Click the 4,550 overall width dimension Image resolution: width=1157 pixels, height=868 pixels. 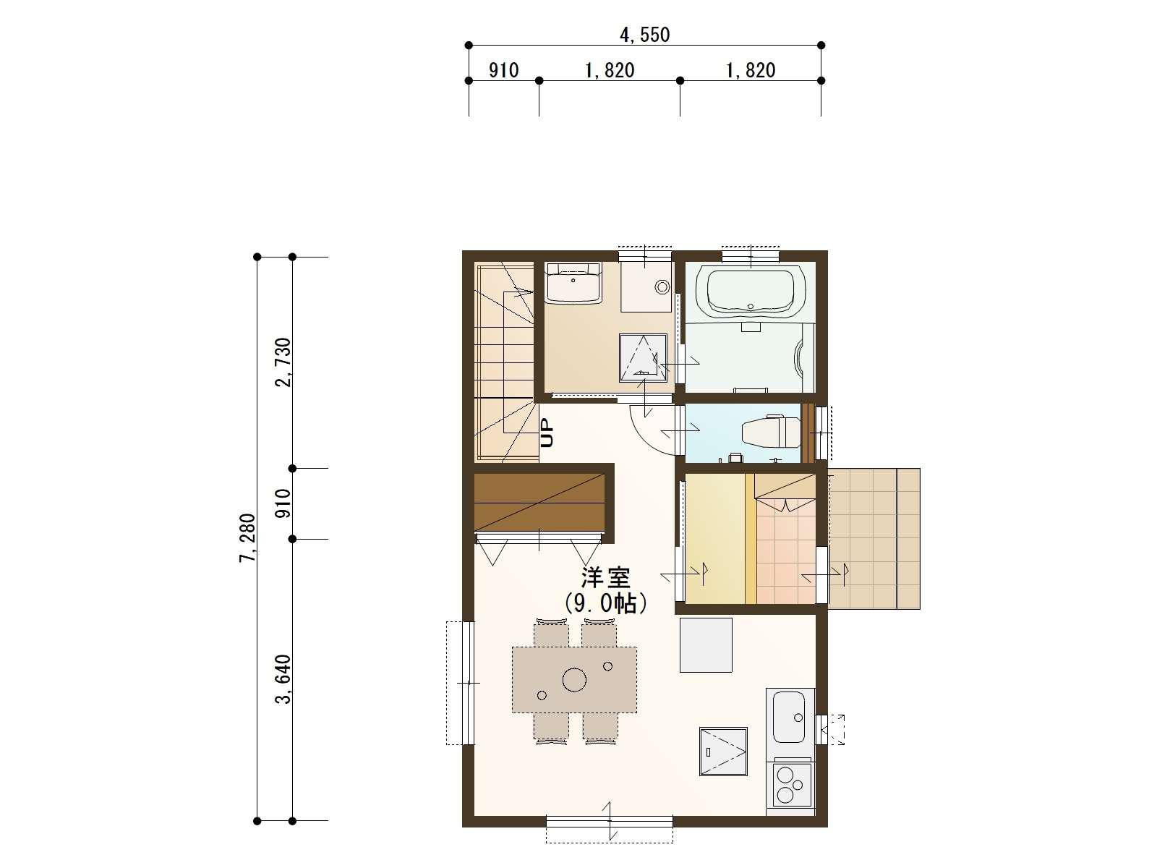pos(644,35)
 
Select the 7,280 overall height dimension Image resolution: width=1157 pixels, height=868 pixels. pos(247,538)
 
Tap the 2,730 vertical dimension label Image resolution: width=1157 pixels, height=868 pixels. pos(283,362)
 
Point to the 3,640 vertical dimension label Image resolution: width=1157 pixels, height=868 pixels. pos(283,679)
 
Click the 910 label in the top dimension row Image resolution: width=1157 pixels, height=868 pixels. pos(503,71)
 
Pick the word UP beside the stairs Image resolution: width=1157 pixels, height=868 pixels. pos(547,433)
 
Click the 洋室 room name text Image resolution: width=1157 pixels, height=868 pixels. pos(605,578)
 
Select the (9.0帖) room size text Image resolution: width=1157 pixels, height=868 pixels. pos(605,603)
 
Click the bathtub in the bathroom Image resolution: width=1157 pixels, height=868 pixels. pos(750,292)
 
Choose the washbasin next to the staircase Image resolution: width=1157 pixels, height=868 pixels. pos(573,283)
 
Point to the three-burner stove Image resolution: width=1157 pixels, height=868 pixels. pos(792,784)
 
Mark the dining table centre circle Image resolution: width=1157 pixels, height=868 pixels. pos(574,679)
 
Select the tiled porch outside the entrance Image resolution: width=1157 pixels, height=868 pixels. pos(874,539)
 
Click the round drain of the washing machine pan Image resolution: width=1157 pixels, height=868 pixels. pos(662,287)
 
